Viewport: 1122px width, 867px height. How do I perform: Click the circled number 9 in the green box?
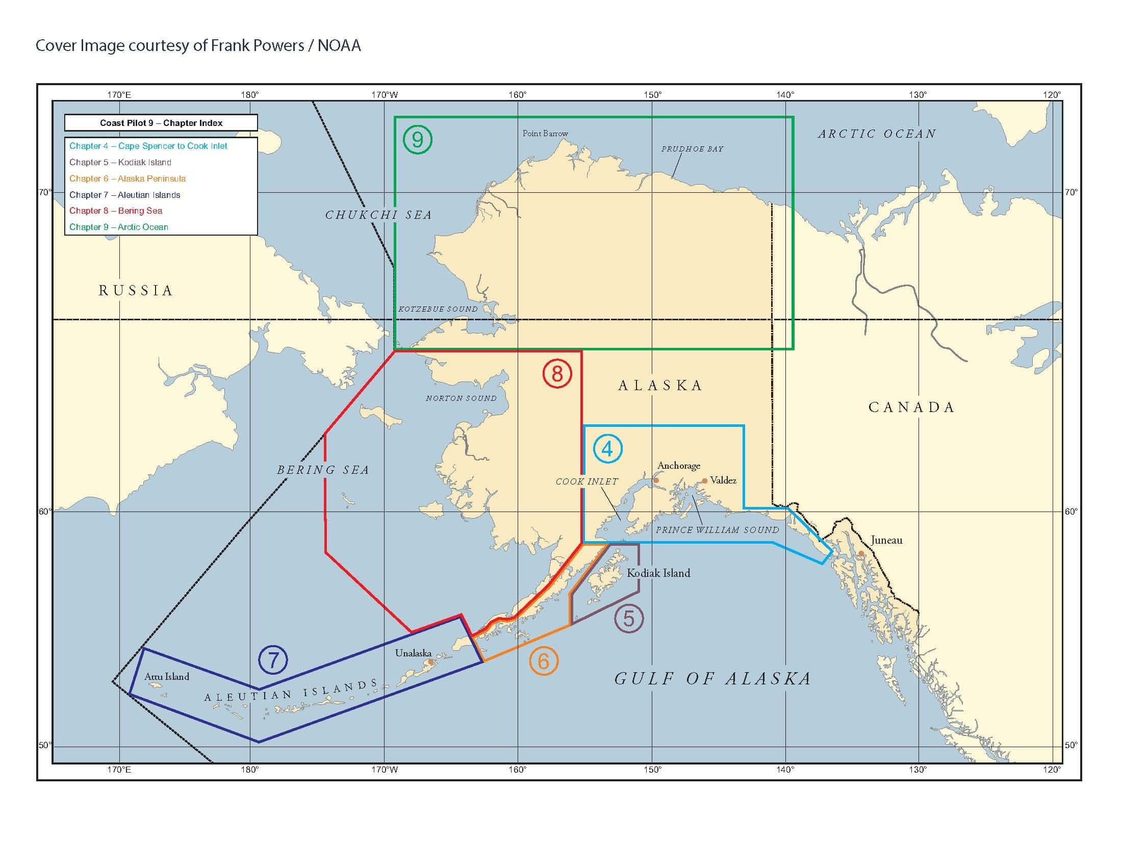[417, 140]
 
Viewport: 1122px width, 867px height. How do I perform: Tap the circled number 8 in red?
[557, 373]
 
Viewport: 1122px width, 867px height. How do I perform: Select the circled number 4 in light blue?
[607, 449]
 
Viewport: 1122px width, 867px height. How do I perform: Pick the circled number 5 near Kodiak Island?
[629, 619]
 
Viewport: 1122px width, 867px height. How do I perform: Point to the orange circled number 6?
[544, 661]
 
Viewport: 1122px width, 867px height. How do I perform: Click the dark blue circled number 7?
[273, 659]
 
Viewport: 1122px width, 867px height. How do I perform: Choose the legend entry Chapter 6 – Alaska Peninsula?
[127, 178]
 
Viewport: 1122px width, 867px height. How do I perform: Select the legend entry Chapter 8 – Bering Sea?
[116, 211]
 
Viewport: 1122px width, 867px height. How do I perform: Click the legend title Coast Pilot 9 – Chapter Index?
[161, 123]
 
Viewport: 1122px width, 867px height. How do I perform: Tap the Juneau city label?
[886, 540]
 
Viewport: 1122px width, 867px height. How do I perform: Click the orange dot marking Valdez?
[704, 481]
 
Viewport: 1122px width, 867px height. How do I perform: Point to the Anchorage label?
[679, 465]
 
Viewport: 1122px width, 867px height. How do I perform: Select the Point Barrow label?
[545, 134]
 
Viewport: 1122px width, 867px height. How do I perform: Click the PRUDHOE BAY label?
[692, 149]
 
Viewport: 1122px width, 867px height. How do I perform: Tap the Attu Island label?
[166, 677]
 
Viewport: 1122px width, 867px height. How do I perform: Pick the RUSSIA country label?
[136, 291]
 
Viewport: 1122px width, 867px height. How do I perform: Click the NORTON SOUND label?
[461, 398]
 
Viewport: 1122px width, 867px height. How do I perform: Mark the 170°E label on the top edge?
[119, 94]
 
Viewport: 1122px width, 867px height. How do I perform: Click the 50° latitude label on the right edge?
[1070, 745]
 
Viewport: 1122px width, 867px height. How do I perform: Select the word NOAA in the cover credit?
[339, 46]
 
